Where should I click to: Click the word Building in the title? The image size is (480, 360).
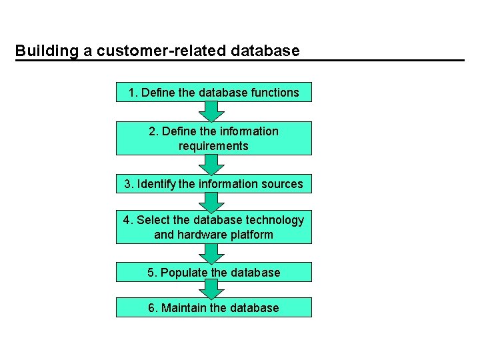[40, 51]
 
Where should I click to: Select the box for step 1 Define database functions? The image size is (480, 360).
[213, 92]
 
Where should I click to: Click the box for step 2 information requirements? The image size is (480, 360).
[213, 138]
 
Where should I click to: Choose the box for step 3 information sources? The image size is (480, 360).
[213, 183]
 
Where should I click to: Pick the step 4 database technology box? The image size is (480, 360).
[213, 227]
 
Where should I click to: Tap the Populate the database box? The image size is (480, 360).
[213, 272]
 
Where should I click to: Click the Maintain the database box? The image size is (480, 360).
[213, 307]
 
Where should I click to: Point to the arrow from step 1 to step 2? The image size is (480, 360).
[212, 111]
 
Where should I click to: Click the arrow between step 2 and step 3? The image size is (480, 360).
[212, 164]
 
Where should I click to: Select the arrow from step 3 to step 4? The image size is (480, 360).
[212, 202]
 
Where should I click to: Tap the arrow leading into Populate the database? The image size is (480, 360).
[212, 253]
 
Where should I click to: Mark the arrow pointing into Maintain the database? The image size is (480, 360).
[212, 289]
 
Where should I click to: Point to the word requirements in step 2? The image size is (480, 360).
[213, 145]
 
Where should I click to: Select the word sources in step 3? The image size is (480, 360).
[281, 183]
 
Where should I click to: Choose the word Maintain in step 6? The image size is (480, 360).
[184, 307]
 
